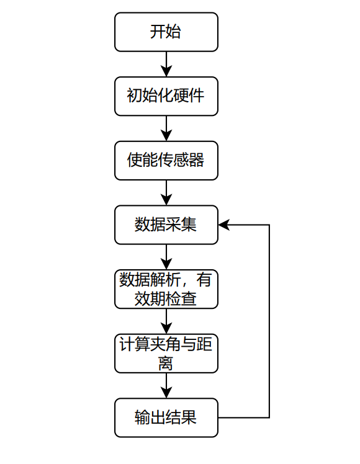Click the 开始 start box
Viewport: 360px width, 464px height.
(166, 32)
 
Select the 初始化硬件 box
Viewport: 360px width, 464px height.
(166, 96)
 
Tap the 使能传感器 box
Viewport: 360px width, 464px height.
(166, 161)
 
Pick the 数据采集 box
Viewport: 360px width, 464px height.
(166, 225)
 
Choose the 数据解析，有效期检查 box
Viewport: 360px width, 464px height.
(166, 289)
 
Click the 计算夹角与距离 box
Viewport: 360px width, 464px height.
(166, 354)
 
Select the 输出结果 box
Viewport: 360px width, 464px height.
(166, 417)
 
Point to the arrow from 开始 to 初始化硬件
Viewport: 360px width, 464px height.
(166, 65)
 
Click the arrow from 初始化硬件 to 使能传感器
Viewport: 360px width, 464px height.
(166, 128)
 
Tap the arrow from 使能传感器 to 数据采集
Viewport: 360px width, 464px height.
(166, 193)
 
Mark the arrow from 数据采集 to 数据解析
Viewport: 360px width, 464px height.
(166, 257)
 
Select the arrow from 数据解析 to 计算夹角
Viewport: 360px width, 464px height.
(166, 321)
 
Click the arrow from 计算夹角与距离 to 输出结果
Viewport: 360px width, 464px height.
(166, 386)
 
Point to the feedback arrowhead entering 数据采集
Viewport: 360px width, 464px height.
(224, 225)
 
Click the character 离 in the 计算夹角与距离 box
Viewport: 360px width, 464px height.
(166, 364)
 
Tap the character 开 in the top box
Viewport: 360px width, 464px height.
(158, 32)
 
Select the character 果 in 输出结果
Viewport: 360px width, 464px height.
(189, 417)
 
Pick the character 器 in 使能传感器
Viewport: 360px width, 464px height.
(197, 160)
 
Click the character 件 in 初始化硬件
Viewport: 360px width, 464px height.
(197, 96)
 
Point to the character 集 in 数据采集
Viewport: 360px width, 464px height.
(189, 225)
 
